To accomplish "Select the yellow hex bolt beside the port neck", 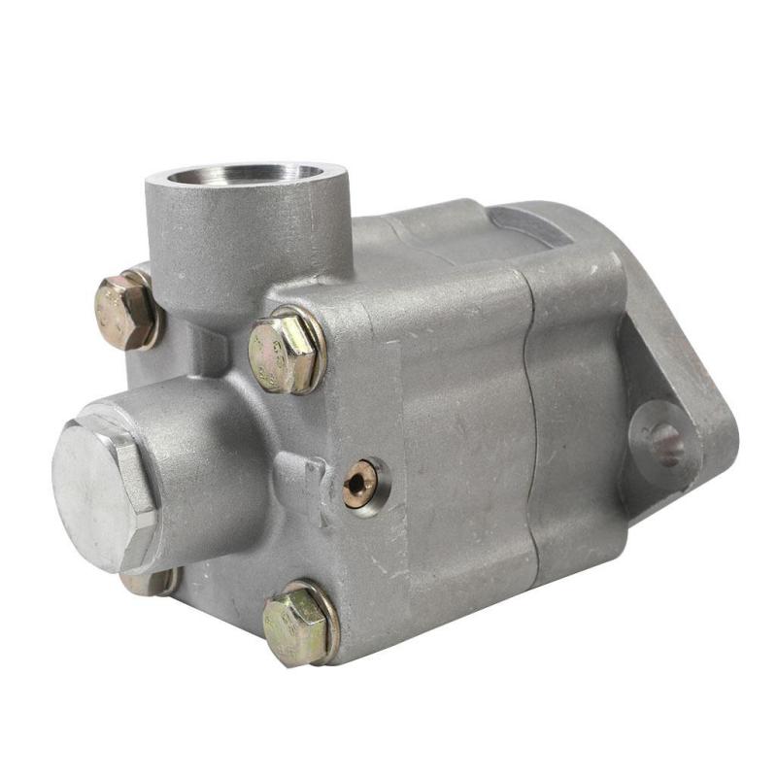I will click(125, 312).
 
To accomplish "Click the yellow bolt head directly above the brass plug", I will click(281, 352).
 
